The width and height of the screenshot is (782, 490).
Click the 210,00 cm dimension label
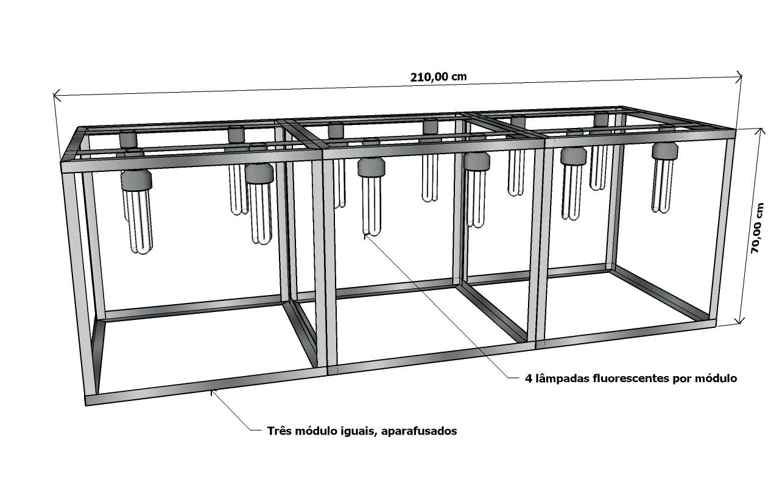pos(439,77)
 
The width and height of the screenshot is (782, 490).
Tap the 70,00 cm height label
pos(757,228)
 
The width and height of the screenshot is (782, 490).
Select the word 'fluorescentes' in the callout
pos(630,378)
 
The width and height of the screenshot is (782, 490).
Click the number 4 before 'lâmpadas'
pos(528,378)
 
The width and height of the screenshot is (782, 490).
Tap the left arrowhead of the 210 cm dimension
pos(57,95)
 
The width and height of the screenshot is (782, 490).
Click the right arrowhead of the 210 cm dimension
pos(739,77)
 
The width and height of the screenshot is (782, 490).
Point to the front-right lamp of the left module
pos(260,201)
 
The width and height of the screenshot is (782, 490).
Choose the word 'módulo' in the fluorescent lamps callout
pos(717,378)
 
